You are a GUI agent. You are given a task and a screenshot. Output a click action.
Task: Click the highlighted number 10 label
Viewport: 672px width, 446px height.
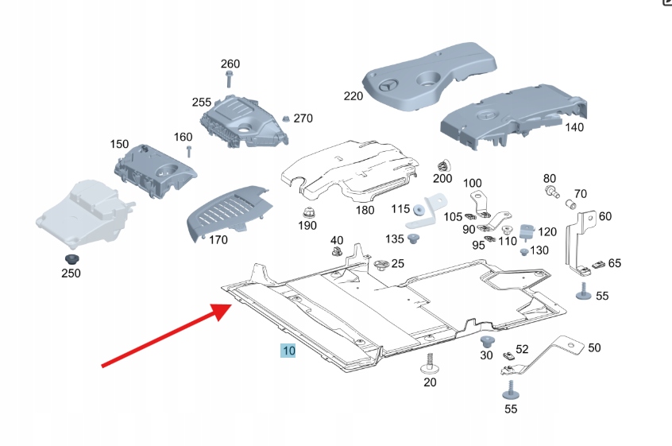tap(287, 351)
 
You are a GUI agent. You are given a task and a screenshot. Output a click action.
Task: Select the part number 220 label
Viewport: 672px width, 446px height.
tap(353, 96)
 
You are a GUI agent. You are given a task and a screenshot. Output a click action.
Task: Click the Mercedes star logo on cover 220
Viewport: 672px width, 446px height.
tap(389, 87)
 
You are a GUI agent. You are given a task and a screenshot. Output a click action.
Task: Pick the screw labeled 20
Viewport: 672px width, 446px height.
tap(430, 365)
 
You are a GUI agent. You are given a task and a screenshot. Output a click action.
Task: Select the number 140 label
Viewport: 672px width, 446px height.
tap(574, 126)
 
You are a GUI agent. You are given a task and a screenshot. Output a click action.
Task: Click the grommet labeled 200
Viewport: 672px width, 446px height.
tap(443, 166)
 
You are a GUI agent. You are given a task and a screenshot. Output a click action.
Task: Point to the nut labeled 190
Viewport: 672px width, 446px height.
tap(306, 213)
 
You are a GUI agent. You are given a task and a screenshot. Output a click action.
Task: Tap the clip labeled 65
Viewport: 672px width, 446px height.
tap(598, 264)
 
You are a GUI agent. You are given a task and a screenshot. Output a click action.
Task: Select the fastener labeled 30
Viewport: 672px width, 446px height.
tap(488, 342)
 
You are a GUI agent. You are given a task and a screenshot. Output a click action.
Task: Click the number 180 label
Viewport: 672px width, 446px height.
tap(365, 211)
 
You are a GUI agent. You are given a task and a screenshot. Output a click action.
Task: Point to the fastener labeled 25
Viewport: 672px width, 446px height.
tap(380, 265)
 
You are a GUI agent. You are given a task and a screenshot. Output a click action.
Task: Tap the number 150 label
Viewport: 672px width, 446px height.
tap(119, 145)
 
